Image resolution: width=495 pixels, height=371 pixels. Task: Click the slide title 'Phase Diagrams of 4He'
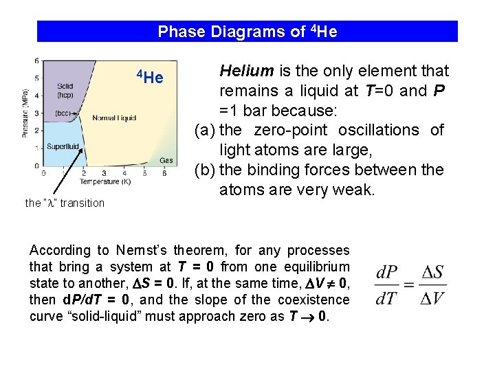[x=247, y=32]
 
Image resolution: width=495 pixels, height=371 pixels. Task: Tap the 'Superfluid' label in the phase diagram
[x=63, y=146]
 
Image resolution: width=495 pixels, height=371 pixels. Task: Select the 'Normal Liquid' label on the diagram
[x=114, y=118]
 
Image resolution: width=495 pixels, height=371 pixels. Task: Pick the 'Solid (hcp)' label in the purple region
[x=65, y=91]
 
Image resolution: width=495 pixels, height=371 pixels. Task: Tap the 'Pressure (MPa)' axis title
[x=25, y=113]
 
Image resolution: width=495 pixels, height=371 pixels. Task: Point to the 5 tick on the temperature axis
[x=144, y=174]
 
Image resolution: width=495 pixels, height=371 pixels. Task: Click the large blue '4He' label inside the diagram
[x=149, y=77]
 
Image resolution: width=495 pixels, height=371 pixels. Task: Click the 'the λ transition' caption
[x=65, y=203]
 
